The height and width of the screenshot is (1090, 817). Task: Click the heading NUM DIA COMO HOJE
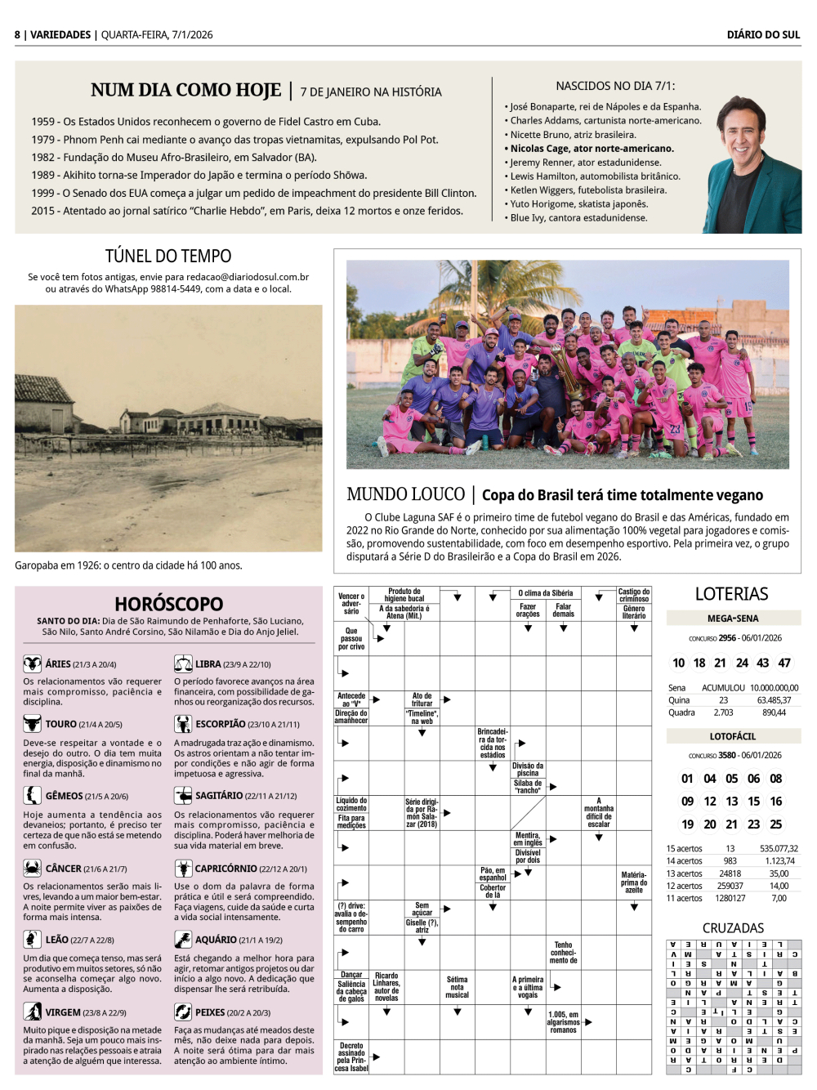(x=185, y=90)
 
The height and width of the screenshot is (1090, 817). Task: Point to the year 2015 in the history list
(x=42, y=211)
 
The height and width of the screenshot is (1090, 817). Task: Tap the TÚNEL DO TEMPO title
(x=167, y=256)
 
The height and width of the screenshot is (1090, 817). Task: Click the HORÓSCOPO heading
(x=168, y=604)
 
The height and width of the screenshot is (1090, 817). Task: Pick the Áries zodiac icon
(x=32, y=663)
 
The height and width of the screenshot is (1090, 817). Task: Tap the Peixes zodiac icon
(x=183, y=1012)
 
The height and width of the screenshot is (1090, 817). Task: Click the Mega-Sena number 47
(x=784, y=663)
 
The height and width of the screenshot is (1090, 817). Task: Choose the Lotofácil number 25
(x=775, y=824)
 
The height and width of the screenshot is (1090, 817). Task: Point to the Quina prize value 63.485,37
(x=773, y=700)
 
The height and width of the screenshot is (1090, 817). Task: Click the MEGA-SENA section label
(x=733, y=619)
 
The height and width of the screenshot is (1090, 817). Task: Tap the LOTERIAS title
(x=731, y=594)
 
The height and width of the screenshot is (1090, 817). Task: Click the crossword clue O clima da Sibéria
(x=545, y=593)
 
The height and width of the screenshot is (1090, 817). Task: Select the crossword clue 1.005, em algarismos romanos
(x=563, y=1022)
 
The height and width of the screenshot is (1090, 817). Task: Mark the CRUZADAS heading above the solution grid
(x=733, y=928)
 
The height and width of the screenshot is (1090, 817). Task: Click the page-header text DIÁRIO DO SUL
(x=763, y=34)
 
